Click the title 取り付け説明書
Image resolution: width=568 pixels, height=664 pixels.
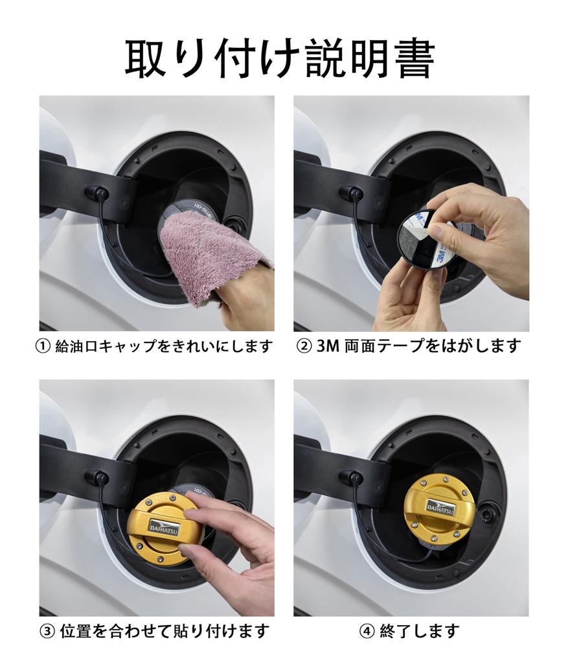click(279, 59)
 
